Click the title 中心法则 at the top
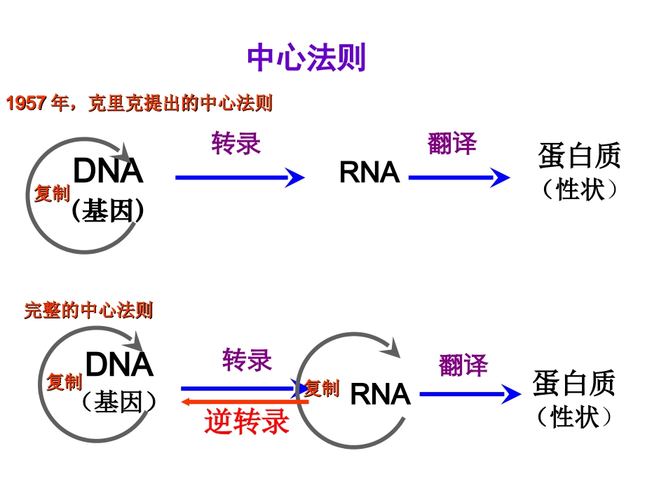[306, 58]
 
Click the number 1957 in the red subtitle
[27, 104]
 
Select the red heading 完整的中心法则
[88, 310]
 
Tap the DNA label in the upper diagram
[108, 171]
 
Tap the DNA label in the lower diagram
[118, 365]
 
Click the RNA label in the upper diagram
[369, 173]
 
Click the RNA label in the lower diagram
[379, 394]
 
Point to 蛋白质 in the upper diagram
[579, 156]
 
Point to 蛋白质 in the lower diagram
[573, 384]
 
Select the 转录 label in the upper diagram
[236, 144]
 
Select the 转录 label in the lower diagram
[247, 360]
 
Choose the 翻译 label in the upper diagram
[452, 144]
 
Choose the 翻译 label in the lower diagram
[463, 365]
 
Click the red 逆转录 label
[247, 422]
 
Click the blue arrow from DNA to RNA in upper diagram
[239, 177]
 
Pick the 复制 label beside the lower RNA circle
[322, 388]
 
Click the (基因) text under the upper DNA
[108, 210]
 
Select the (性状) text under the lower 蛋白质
[574, 417]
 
